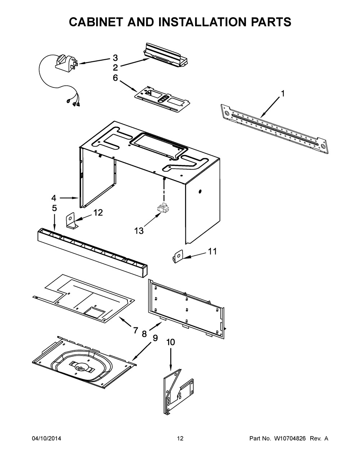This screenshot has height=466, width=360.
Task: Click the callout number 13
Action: [139, 231]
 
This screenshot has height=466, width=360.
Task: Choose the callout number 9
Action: [155, 338]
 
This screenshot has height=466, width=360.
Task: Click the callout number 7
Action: [135, 330]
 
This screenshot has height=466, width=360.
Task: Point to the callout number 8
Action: [144, 334]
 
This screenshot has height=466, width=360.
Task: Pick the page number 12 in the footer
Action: [180, 439]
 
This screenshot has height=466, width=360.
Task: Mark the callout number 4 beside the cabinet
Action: [54, 198]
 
